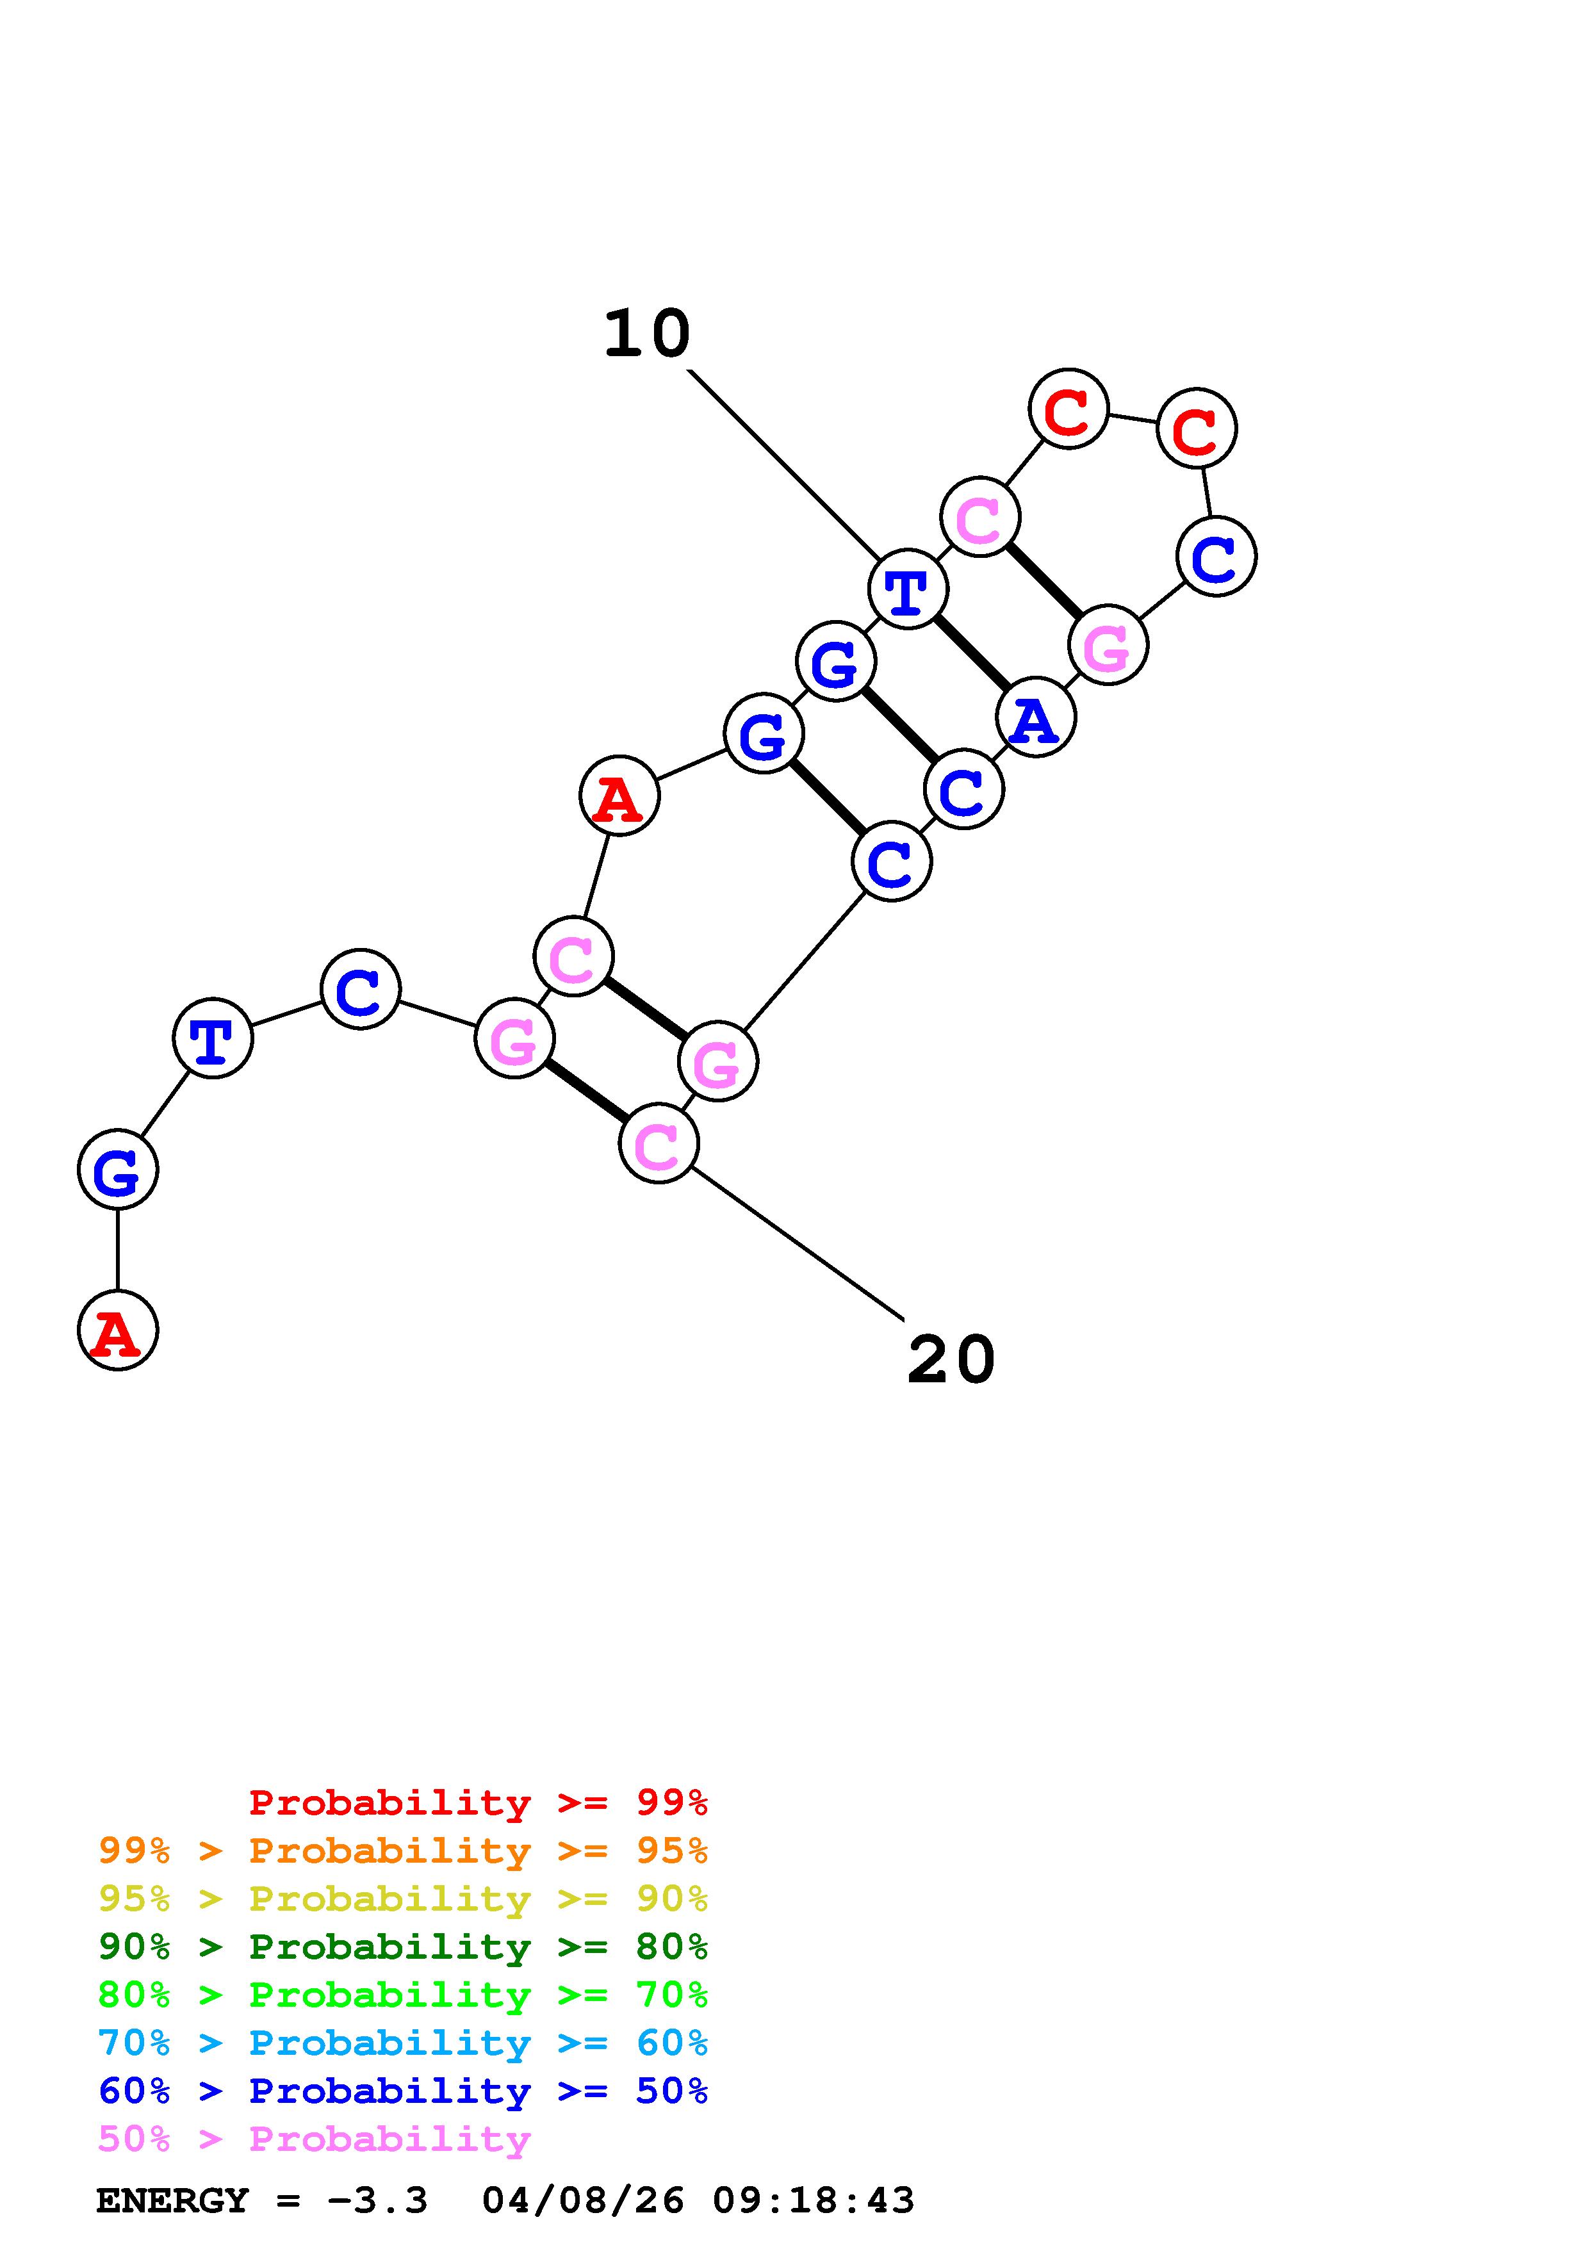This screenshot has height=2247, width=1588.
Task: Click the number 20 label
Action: click(x=951, y=1360)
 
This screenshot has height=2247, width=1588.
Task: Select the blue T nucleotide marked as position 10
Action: click(x=908, y=589)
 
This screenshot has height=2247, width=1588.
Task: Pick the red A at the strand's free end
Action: click(x=117, y=1331)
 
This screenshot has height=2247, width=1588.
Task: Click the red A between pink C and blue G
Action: click(x=619, y=797)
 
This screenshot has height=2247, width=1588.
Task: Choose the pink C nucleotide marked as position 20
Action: click(x=659, y=1143)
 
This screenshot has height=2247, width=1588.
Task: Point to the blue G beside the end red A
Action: click(x=117, y=1170)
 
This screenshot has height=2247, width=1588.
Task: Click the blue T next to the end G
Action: click(x=212, y=1038)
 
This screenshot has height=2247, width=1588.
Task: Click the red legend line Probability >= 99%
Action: click(x=479, y=1802)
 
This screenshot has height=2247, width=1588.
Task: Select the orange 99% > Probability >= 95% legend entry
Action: click(x=403, y=1851)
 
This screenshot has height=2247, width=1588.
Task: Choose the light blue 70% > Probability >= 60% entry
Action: click(x=403, y=2043)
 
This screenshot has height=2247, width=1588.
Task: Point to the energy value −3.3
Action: click(x=378, y=2201)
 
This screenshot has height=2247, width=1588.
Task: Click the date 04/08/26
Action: click(x=583, y=2201)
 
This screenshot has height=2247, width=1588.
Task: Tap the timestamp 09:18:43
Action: click(x=813, y=2201)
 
